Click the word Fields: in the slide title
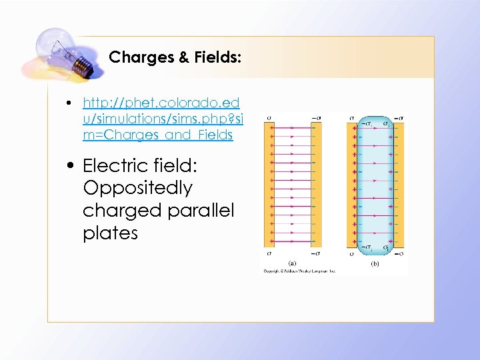tap(215, 57)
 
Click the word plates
tap(110, 233)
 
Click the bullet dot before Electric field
tap(71, 166)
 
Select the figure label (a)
tap(292, 263)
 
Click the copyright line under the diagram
tap(299, 271)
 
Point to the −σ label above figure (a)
tap(315, 118)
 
